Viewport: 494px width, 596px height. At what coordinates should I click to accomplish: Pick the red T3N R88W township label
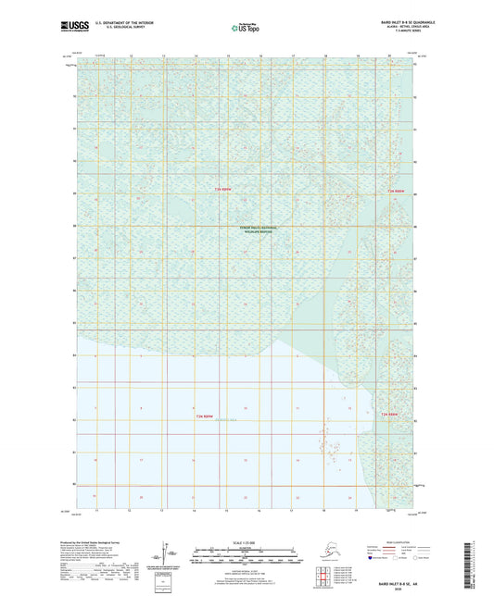point(396,192)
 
